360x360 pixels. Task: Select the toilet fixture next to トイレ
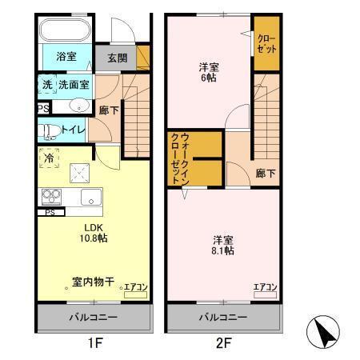[48, 130]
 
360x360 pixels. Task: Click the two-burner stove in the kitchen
[50, 195]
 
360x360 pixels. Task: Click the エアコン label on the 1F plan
[134, 287]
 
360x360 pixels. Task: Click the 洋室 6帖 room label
[209, 74]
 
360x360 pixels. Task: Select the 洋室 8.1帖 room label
[223, 245]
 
